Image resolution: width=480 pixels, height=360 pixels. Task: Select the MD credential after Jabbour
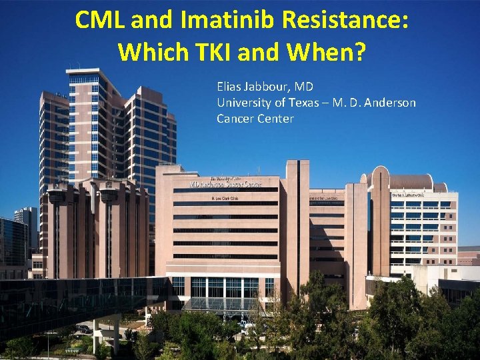point(305,87)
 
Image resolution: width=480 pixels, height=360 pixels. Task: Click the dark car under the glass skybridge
point(85,329)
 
